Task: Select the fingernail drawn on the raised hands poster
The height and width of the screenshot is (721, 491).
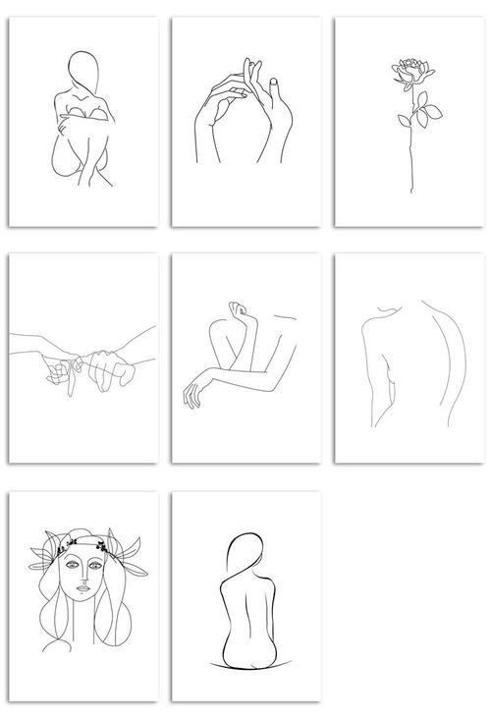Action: [272, 81]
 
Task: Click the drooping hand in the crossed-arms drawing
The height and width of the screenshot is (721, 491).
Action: [193, 393]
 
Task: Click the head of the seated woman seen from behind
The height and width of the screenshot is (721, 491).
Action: [241, 554]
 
